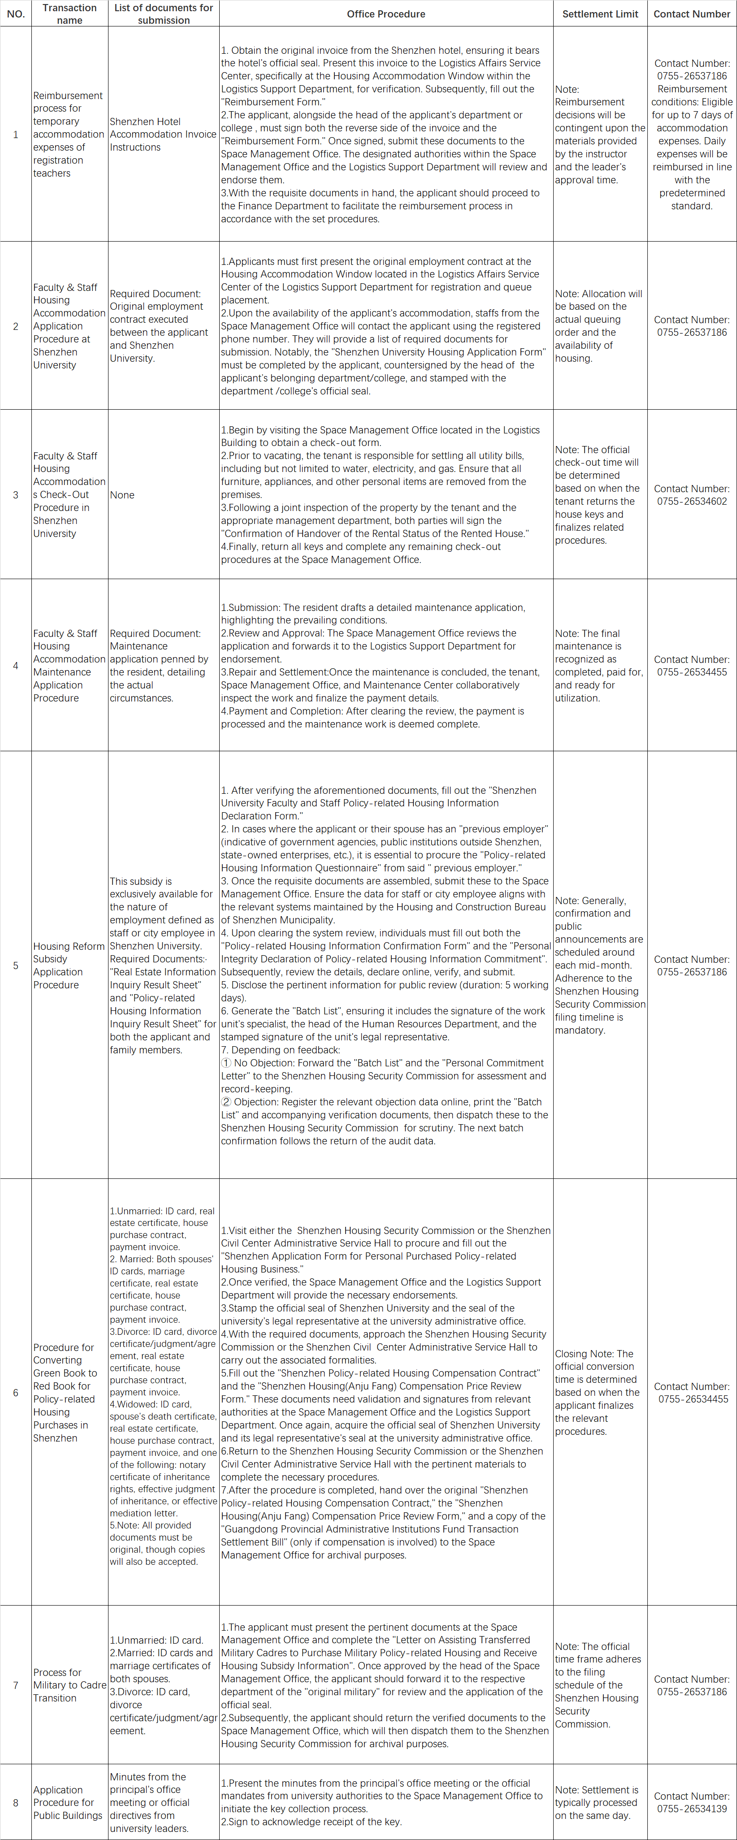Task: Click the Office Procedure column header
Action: click(386, 13)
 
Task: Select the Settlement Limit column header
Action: click(600, 13)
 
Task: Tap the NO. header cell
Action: click(16, 13)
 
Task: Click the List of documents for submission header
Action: click(164, 13)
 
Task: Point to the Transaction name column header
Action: click(69, 13)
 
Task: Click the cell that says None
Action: click(122, 495)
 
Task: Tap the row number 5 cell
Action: click(16, 965)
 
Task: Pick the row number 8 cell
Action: click(16, 1802)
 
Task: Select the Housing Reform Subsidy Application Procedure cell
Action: click(69, 965)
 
